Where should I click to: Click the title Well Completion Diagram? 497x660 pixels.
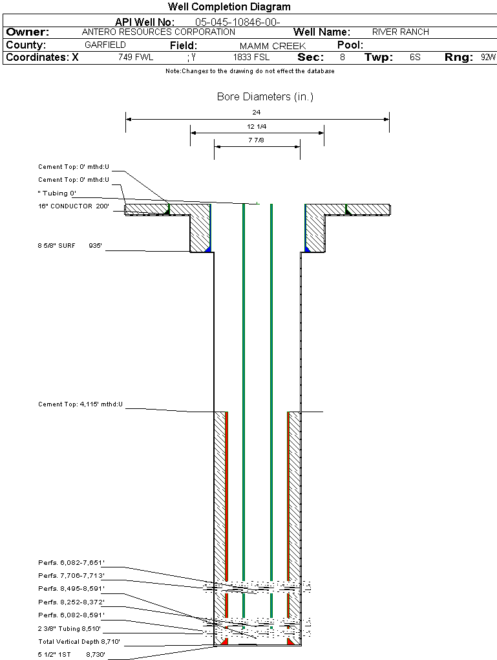point(229,7)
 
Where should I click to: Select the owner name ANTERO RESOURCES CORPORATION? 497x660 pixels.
point(158,32)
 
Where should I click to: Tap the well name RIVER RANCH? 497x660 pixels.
point(400,32)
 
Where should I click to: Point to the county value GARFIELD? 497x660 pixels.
point(105,45)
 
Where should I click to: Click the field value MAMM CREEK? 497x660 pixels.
point(272,46)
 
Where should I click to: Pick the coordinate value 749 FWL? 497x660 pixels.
point(136,58)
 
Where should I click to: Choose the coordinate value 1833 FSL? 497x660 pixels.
point(251,58)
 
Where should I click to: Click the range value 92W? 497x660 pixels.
point(488,58)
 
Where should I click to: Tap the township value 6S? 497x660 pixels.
point(415,58)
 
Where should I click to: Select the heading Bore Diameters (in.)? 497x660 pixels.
point(265,97)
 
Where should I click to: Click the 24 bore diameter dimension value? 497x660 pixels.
point(257,112)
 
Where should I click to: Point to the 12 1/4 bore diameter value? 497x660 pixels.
point(257,126)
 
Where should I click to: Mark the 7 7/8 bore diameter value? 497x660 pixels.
point(257,140)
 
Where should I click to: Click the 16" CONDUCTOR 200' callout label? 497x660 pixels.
point(74,206)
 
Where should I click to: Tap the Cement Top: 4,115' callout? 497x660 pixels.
point(80,404)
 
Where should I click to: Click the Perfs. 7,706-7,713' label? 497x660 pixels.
point(71,576)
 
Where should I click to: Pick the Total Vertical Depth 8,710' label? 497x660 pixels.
point(79,642)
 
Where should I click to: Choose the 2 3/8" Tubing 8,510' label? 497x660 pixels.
point(69,628)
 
